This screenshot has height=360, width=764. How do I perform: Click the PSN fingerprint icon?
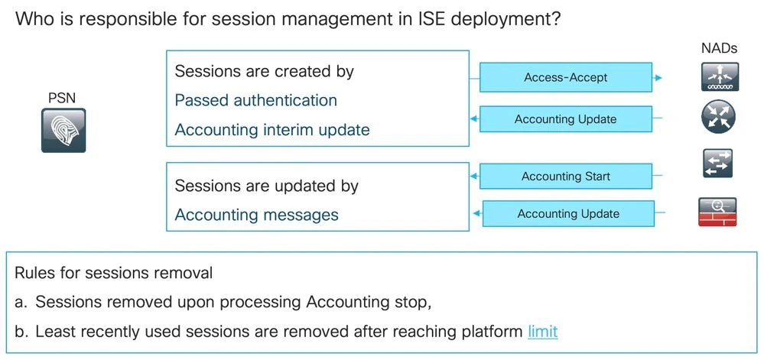pyautogui.click(x=64, y=130)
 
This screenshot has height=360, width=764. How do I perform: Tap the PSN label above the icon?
pyautogui.click(x=63, y=97)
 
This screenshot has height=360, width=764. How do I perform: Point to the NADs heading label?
pyautogui.click(x=719, y=48)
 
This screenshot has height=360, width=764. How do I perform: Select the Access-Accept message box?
pyautogui.click(x=565, y=77)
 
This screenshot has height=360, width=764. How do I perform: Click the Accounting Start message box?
pyautogui.click(x=565, y=176)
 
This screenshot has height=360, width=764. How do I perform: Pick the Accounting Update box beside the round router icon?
pyautogui.click(x=565, y=119)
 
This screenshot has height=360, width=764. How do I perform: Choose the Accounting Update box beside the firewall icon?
pyautogui.click(x=567, y=214)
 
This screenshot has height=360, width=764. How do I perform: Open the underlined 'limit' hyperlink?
pyautogui.click(x=542, y=332)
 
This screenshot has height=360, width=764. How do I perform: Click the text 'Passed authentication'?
pyautogui.click(x=255, y=100)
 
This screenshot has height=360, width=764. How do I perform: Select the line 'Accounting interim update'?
pyautogui.click(x=271, y=130)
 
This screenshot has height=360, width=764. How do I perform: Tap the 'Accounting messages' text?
pyautogui.click(x=256, y=215)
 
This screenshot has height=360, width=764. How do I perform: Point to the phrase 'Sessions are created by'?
pyautogui.click(x=264, y=71)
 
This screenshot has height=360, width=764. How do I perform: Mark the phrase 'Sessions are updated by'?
pyautogui.click(x=266, y=186)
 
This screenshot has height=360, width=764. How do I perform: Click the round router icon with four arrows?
pyautogui.click(x=717, y=118)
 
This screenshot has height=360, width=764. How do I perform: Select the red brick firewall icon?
pyautogui.click(x=717, y=212)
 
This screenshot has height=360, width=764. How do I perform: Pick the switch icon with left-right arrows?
pyautogui.click(x=717, y=164)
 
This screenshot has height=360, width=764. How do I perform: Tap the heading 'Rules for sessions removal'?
pyautogui.click(x=113, y=273)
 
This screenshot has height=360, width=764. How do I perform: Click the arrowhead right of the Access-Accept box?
pyautogui.click(x=659, y=78)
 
